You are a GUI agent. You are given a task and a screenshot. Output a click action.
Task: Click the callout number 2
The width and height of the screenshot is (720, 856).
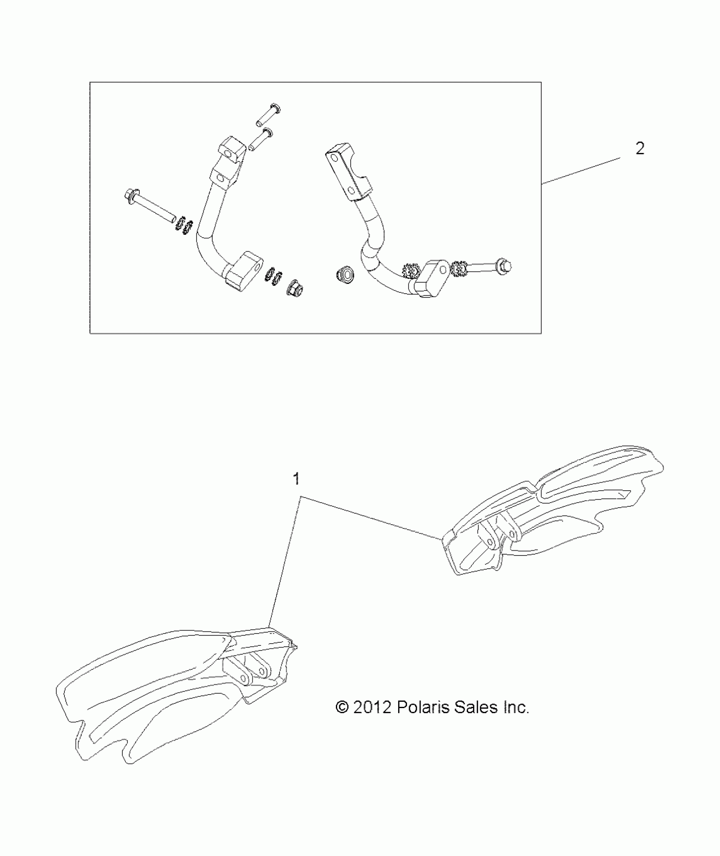pyautogui.click(x=640, y=149)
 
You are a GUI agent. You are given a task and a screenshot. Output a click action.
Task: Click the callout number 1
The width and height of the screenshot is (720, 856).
pyautogui.click(x=296, y=479)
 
